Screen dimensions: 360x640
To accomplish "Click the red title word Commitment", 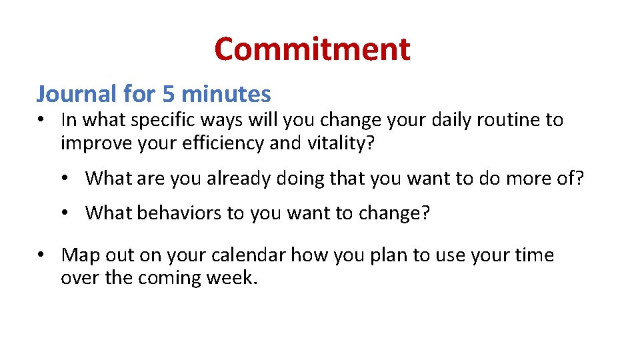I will pyautogui.click(x=312, y=49).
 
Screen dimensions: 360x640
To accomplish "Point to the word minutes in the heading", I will pyautogui.click(x=226, y=94).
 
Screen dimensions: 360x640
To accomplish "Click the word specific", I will pyautogui.click(x=157, y=121).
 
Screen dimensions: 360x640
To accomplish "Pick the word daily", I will pyautogui.click(x=409, y=120).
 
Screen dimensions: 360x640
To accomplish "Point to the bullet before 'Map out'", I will pyautogui.click(x=42, y=255).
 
